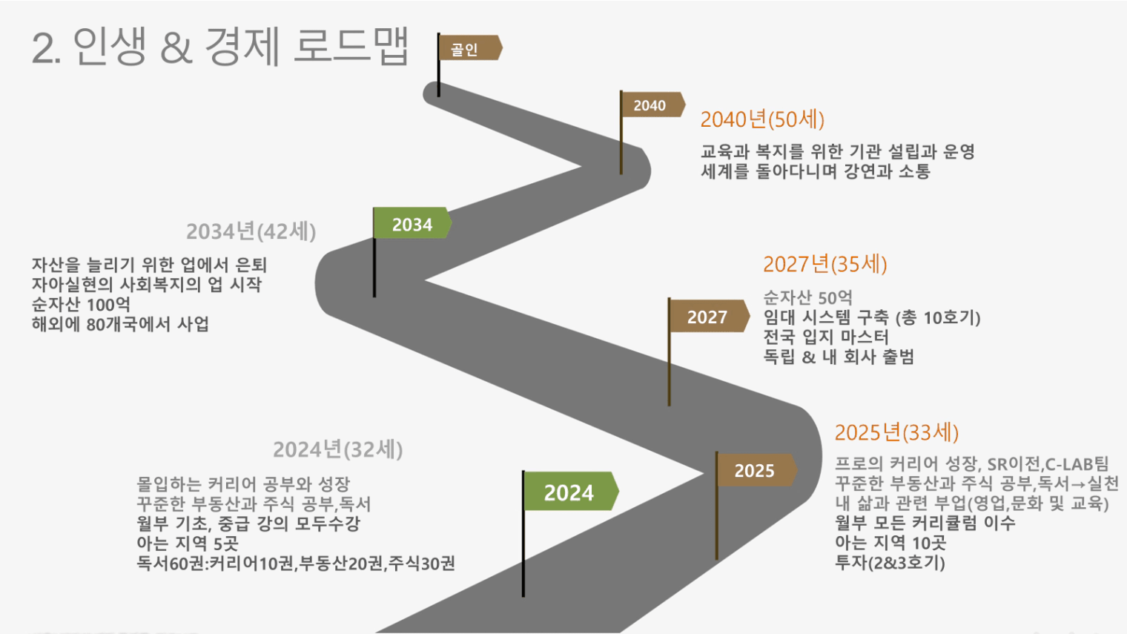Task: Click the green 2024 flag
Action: point(569,492)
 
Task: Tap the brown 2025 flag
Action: point(755,470)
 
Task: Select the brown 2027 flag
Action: point(707,317)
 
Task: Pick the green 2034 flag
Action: point(412,224)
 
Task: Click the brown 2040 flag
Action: point(650,105)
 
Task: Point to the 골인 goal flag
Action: point(466,49)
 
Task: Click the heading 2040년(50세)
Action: point(762,119)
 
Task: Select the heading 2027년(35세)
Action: point(824,264)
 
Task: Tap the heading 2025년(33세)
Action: point(896,432)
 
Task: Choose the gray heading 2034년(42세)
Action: point(251,231)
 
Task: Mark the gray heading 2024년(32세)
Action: point(337,449)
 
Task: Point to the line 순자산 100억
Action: point(81,305)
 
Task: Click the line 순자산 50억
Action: point(807,297)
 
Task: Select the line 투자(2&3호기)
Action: point(890,562)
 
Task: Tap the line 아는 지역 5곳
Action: point(188,544)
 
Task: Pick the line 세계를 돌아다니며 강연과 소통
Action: point(816,171)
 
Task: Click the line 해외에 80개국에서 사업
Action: point(120,324)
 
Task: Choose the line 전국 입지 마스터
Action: point(826,337)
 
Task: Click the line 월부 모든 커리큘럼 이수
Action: point(925,523)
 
